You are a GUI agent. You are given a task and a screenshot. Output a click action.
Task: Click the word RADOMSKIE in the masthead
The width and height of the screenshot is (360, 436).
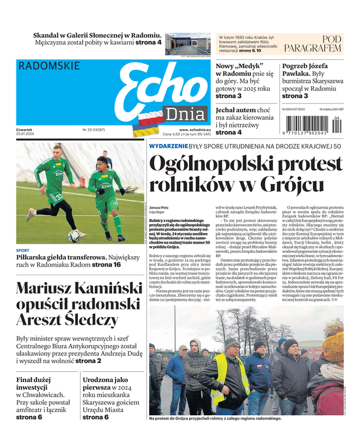(x=48, y=66)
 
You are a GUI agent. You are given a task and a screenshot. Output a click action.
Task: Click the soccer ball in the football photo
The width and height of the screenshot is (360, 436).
(x=74, y=235)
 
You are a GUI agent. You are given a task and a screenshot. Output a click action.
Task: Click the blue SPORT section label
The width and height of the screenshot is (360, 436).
(x=23, y=251)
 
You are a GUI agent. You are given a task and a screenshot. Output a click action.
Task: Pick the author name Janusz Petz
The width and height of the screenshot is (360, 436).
(x=159, y=208)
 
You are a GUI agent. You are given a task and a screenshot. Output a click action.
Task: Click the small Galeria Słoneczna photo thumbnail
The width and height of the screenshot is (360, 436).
(x=187, y=43)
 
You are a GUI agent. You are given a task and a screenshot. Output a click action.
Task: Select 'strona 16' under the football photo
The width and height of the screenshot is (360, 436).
(x=106, y=265)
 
